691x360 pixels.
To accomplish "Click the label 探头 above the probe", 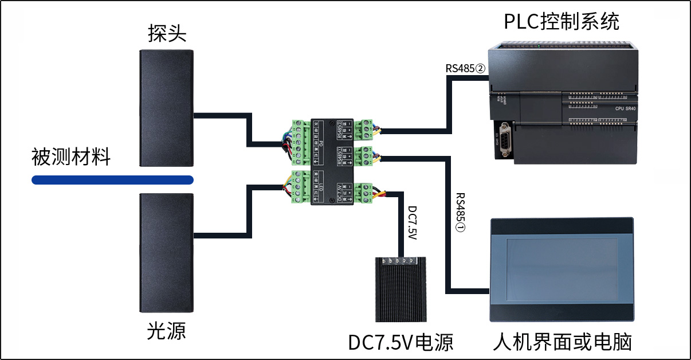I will [x=167, y=34].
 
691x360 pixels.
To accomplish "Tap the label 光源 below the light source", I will [x=167, y=331].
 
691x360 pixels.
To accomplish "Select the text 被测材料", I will [x=71, y=156].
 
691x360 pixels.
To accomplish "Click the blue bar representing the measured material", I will [x=112, y=181].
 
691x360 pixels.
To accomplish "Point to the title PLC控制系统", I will [x=562, y=22].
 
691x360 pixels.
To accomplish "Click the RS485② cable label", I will [x=465, y=68].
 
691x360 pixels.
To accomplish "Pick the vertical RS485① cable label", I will [x=460, y=212].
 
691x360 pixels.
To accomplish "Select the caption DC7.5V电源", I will [x=401, y=343].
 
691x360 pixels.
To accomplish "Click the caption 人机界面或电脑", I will [x=562, y=343].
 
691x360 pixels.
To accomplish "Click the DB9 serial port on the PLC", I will [x=504, y=139].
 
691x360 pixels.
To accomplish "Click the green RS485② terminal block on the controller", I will [x=366, y=130].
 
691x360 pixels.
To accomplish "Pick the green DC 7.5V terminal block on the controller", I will [x=366, y=193].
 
